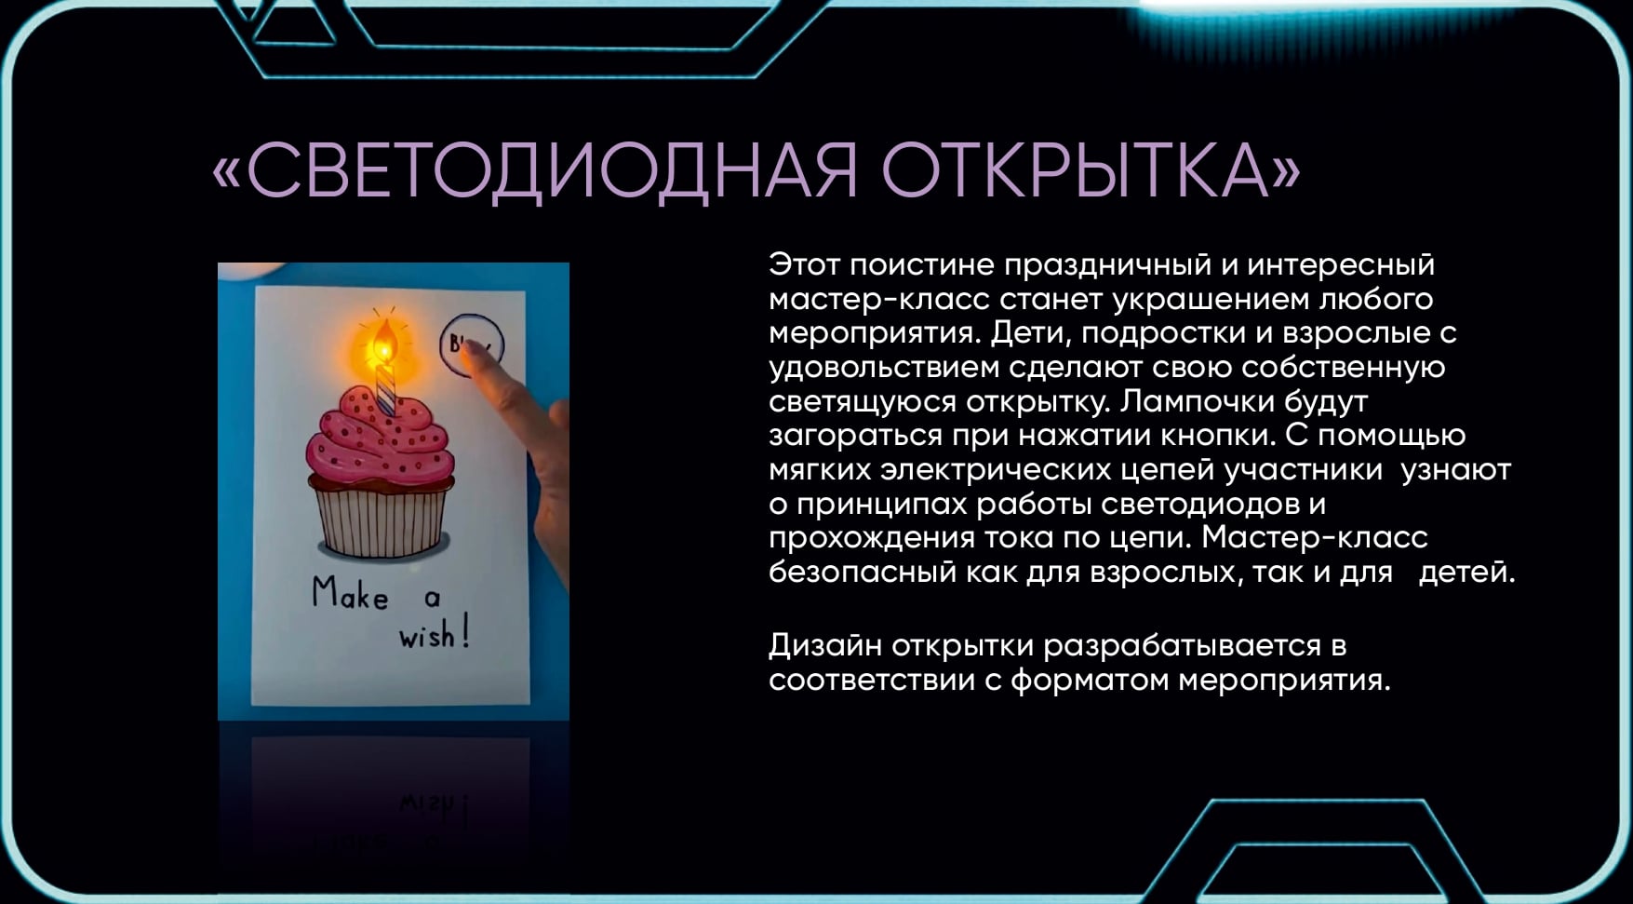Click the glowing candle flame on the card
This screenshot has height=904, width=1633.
[383, 342]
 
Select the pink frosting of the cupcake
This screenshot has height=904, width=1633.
[381, 438]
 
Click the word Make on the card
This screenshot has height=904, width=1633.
[350, 594]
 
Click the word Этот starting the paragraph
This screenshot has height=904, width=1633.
[805, 265]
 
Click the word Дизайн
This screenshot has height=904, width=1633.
[825, 645]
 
